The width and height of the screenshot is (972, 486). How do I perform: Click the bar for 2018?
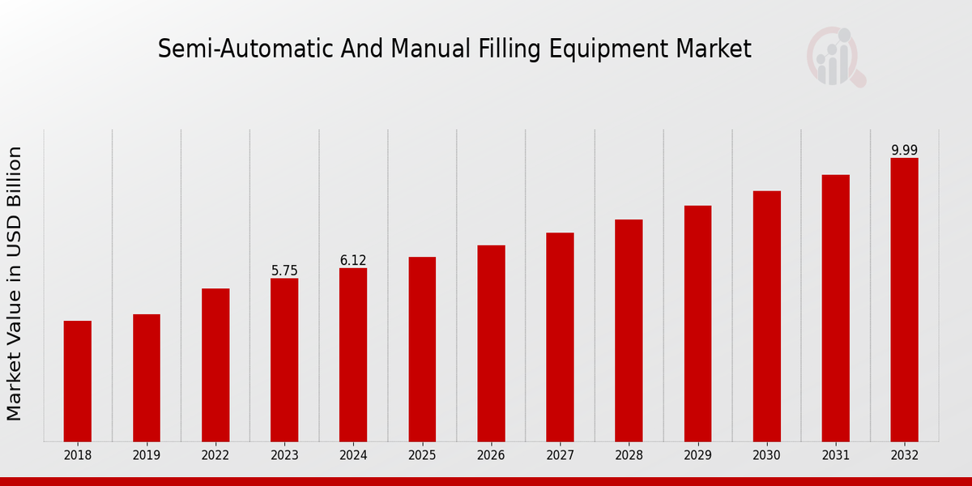click(x=78, y=381)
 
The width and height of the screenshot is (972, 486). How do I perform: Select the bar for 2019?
click(x=147, y=377)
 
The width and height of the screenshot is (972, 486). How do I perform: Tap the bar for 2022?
click(x=215, y=364)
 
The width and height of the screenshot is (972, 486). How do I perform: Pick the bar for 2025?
click(x=422, y=349)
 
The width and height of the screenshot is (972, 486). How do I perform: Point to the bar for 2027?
click(x=560, y=337)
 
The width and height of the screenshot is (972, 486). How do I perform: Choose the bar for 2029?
click(x=697, y=323)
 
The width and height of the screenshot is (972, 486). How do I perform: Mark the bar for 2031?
click(x=835, y=308)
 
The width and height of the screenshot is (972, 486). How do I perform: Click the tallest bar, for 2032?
click(x=904, y=300)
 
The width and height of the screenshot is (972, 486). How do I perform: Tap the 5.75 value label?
click(x=284, y=271)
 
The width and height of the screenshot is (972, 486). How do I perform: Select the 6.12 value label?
click(x=353, y=260)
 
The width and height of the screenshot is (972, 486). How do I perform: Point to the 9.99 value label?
click(x=904, y=150)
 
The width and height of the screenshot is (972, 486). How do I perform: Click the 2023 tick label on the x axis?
click(x=284, y=455)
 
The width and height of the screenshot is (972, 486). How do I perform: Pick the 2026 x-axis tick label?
click(x=491, y=455)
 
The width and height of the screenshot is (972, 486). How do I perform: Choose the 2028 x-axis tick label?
click(x=629, y=455)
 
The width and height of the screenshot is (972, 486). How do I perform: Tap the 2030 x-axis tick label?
click(x=766, y=455)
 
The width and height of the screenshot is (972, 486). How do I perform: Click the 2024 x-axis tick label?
click(x=353, y=455)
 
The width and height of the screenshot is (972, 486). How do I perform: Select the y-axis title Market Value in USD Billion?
click(x=15, y=283)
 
